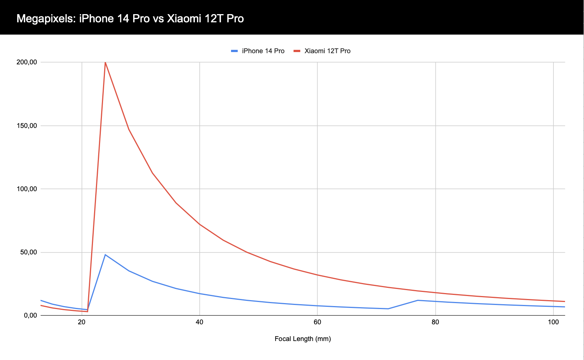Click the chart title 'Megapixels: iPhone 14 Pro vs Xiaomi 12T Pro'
tap(130, 18)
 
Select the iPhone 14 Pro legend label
tap(263, 51)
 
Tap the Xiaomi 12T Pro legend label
tap(327, 51)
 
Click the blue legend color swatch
tap(234, 51)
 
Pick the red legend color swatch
tap(297, 51)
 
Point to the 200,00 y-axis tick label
tap(27, 62)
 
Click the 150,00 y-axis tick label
tap(27, 126)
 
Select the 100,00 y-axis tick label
tap(27, 189)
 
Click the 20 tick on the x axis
tap(82, 322)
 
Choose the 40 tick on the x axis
tap(200, 322)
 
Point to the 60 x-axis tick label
tap(317, 322)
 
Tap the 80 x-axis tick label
tap(435, 322)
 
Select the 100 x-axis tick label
tap(553, 322)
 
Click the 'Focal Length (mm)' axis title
tap(303, 339)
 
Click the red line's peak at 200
tap(105, 62)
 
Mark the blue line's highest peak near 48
tap(105, 255)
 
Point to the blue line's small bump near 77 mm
tap(418, 300)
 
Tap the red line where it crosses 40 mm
tap(200, 224)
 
